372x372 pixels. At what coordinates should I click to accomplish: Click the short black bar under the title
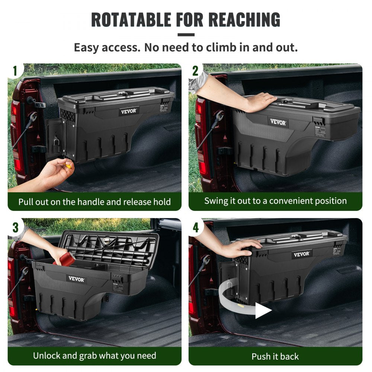186,35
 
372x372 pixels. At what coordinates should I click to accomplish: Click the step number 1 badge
15,71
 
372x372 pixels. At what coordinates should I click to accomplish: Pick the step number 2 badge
195,71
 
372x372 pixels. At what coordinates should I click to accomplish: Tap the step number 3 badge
15,227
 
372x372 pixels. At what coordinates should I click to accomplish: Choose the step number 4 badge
195,227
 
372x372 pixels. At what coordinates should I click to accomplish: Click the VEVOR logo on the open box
76,279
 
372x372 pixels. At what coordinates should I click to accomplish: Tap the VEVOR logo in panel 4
301,254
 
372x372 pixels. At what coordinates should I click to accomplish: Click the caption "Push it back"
275,356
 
